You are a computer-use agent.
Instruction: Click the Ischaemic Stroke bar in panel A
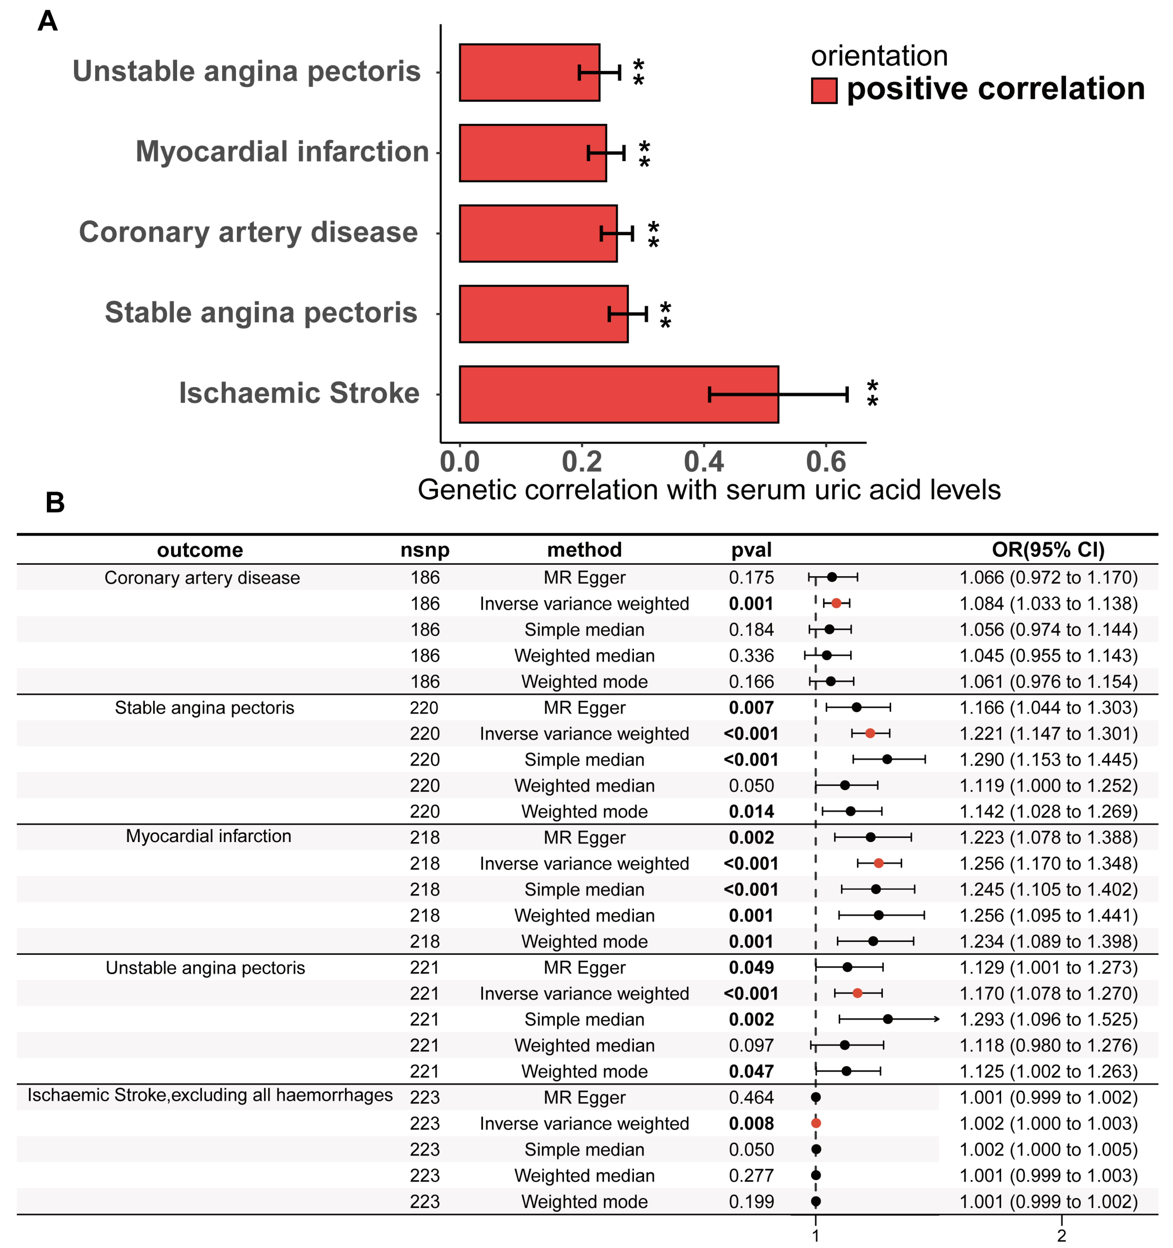[x=618, y=394]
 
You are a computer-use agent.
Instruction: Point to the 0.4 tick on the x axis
[x=704, y=462]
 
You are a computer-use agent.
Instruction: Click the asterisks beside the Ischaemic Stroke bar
[x=872, y=394]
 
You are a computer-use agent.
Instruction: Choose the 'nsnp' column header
[x=425, y=550]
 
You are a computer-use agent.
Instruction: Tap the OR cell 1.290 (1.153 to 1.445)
[x=1048, y=760]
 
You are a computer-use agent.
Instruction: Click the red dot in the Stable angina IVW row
[x=870, y=733]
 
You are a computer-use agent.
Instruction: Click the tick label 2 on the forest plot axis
[x=1061, y=1236]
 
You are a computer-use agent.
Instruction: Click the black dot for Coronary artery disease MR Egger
[x=832, y=577]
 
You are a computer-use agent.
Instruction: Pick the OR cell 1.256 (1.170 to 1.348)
[x=1048, y=863]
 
